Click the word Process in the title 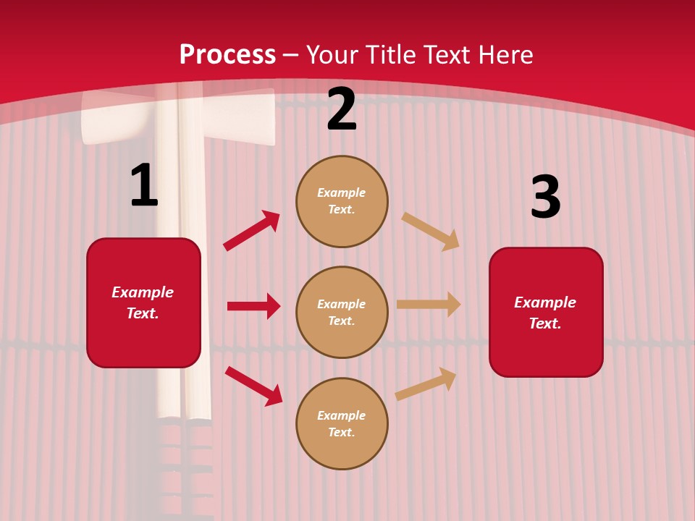[227, 55]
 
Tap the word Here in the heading [504, 55]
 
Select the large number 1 [144, 186]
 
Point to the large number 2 [342, 110]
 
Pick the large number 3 [545, 198]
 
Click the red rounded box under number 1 [143, 302]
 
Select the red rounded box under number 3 [546, 313]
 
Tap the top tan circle [342, 201]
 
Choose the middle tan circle [342, 313]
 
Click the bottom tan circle [342, 424]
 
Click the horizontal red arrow [253, 306]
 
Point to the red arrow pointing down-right [254, 386]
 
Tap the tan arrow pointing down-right [431, 232]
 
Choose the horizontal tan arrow [429, 305]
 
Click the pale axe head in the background [178, 116]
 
